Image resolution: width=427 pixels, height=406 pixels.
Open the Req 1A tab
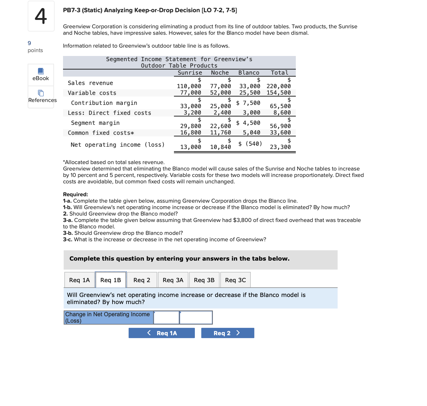[x=79, y=280]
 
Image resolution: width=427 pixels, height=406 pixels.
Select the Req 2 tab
[x=142, y=280]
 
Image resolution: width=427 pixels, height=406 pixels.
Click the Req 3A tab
[x=173, y=280]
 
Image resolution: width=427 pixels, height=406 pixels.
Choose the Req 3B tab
[x=204, y=280]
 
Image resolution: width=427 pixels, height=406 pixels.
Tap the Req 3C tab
[x=235, y=280]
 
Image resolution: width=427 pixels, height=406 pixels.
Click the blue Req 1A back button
[x=162, y=333]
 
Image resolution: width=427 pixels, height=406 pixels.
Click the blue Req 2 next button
[x=228, y=333]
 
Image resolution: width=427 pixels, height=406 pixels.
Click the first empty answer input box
[x=166, y=318]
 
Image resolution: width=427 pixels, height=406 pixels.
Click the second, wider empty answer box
[x=196, y=318]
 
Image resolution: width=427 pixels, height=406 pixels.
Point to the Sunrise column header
[x=190, y=73]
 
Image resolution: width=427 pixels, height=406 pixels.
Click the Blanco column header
[x=249, y=73]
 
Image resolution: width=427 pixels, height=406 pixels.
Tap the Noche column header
[x=220, y=73]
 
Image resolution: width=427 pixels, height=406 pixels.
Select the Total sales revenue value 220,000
[x=278, y=86]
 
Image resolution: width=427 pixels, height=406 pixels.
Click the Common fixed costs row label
[x=101, y=133]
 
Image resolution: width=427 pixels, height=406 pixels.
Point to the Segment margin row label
[x=95, y=123]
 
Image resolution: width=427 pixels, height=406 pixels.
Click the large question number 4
[x=41, y=16]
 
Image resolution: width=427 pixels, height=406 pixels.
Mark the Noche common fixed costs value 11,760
[x=221, y=133]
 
